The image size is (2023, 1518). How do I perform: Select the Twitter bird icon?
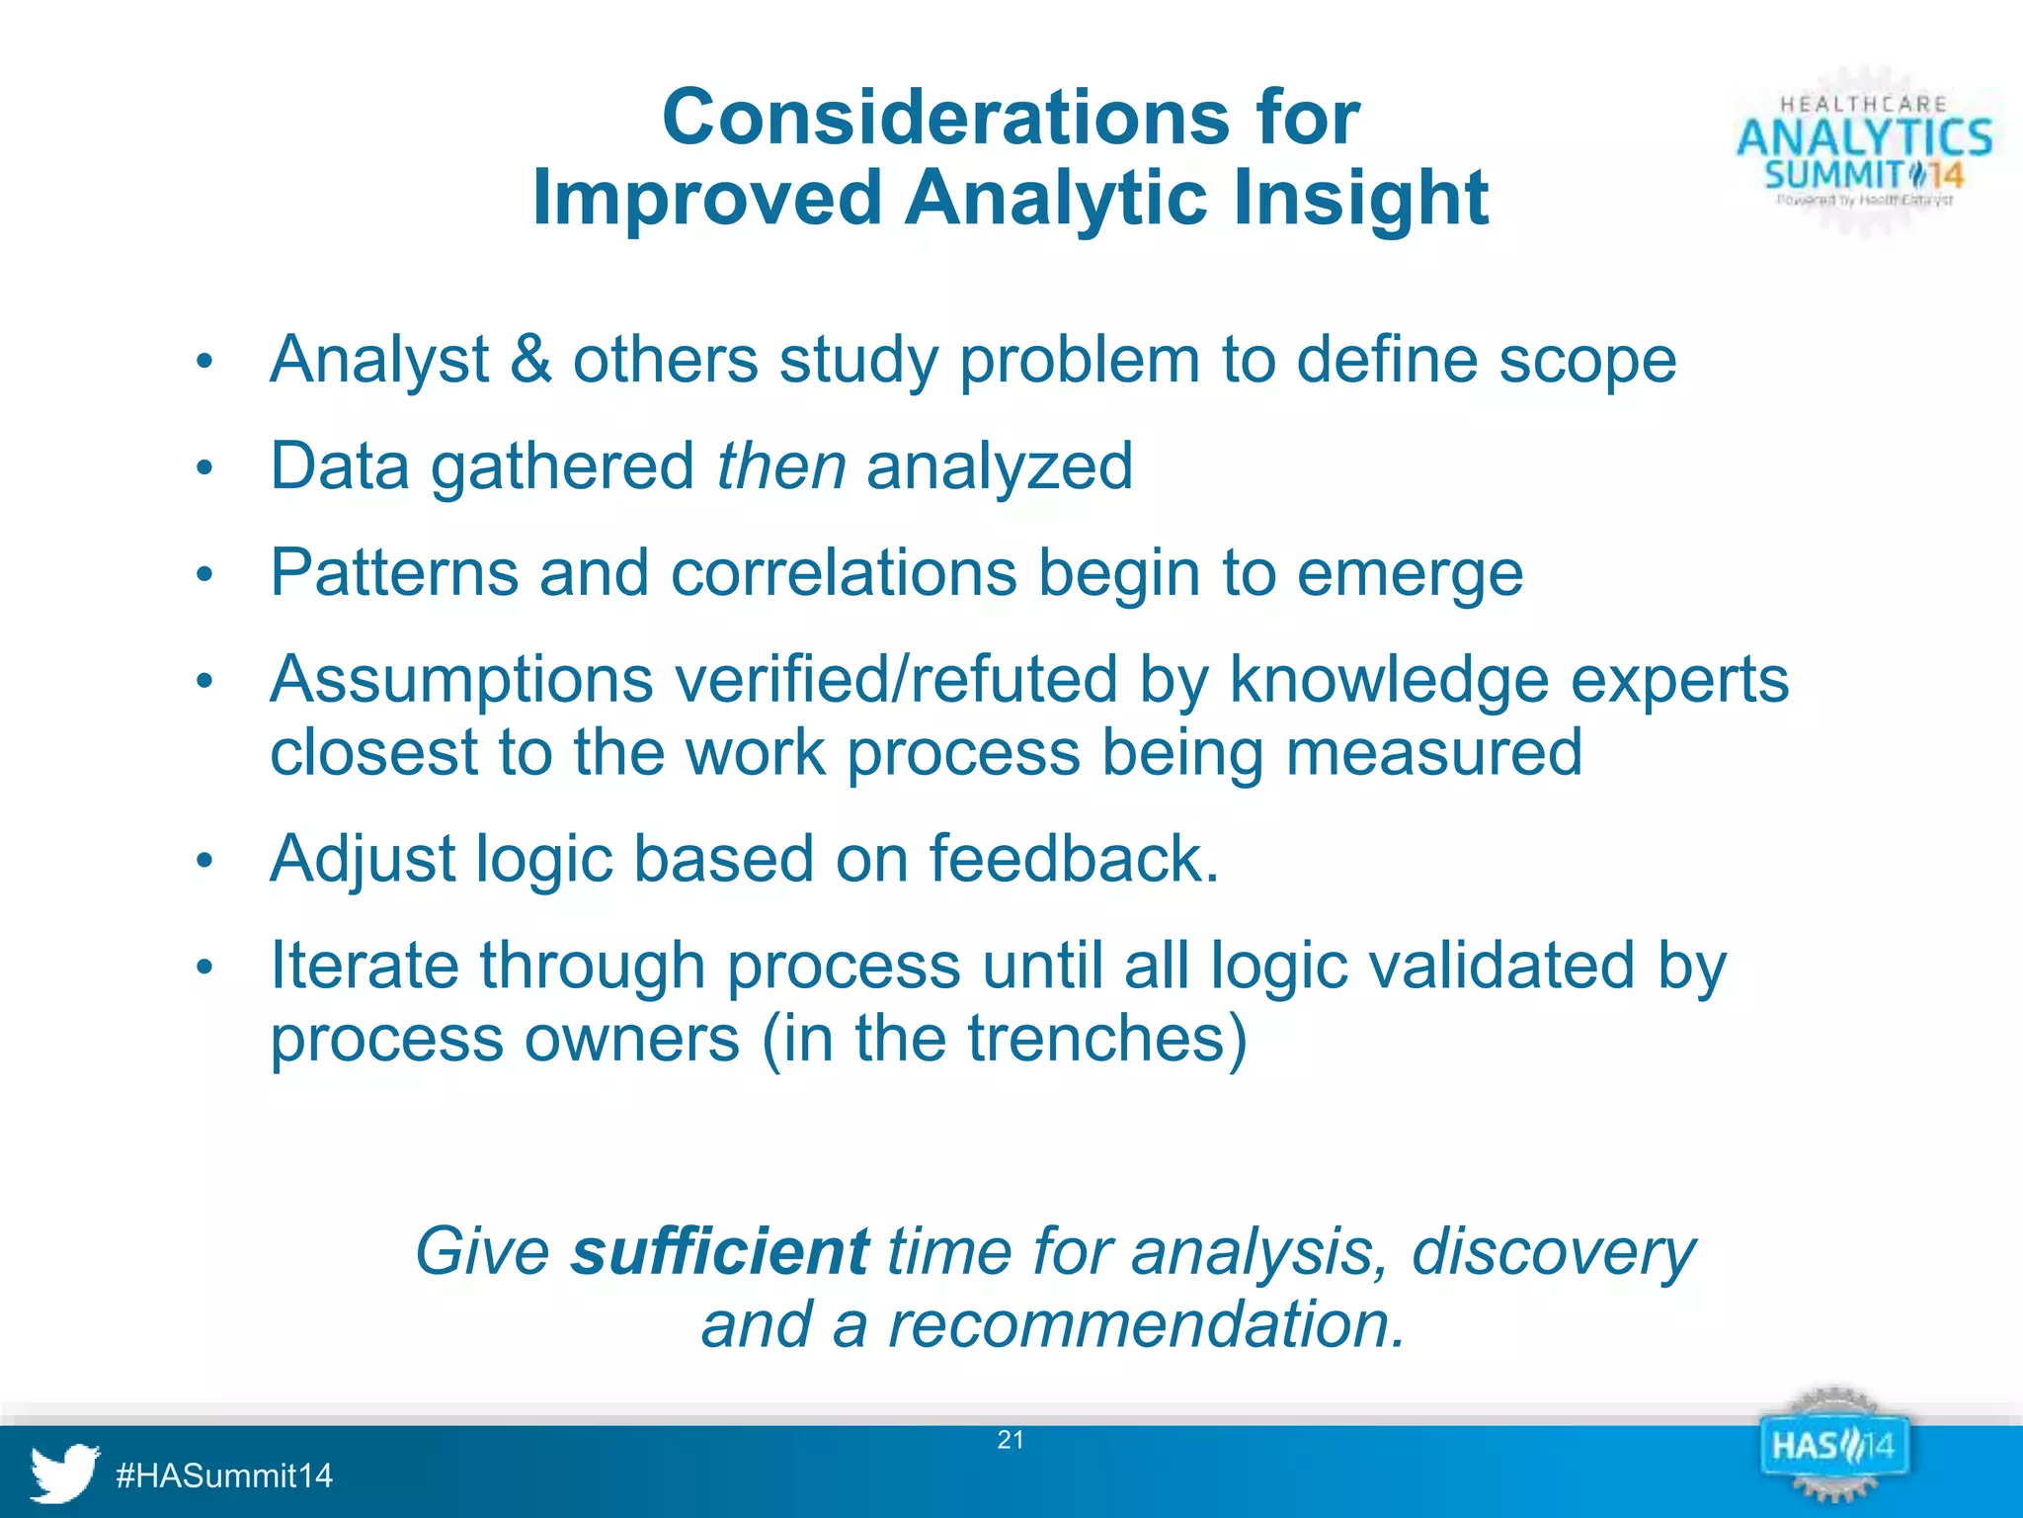click(64, 1473)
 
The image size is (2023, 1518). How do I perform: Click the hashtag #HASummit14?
click(224, 1476)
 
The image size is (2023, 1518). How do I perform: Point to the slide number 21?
click(1011, 1440)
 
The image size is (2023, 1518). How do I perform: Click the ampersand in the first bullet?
click(530, 359)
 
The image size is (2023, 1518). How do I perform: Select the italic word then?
click(780, 466)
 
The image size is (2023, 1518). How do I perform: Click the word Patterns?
click(394, 573)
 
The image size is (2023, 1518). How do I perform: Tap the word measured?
click(1433, 753)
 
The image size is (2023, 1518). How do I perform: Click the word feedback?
click(1073, 859)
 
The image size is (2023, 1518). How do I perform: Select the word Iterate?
click(364, 966)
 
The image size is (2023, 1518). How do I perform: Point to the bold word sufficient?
click(720, 1252)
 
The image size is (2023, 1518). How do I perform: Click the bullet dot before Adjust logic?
click(204, 861)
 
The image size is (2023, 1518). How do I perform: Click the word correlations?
click(844, 573)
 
